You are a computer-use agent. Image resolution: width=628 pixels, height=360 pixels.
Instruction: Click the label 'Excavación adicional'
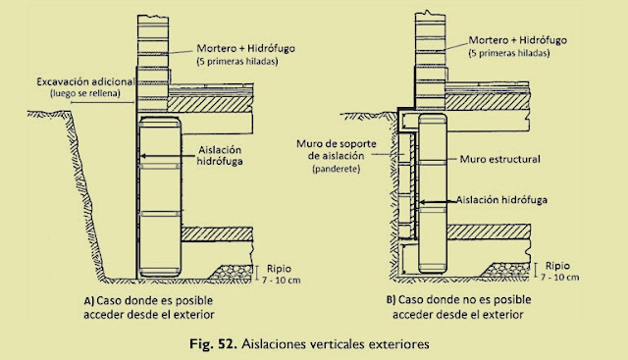85,82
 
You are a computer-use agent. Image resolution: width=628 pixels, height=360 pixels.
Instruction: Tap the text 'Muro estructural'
499,159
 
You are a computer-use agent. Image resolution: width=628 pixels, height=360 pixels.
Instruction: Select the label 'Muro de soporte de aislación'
337,150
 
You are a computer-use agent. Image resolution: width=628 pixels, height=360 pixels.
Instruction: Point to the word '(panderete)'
336,169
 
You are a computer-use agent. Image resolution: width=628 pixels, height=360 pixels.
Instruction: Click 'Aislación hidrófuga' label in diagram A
220,155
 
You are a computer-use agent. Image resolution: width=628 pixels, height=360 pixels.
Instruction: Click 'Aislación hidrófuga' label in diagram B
501,200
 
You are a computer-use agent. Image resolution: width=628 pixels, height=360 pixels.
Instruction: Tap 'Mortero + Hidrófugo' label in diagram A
246,48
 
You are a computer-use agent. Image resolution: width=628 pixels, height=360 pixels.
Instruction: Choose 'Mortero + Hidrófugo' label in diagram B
518,40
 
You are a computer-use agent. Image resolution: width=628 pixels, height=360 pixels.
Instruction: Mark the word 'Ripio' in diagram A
279,269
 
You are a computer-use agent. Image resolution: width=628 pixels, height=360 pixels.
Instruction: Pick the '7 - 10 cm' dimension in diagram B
560,277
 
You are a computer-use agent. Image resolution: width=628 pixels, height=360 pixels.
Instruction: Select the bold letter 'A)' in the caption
88,301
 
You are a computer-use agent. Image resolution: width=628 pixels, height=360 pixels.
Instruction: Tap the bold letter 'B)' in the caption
391,299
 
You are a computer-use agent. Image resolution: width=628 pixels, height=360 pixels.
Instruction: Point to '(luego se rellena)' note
85,94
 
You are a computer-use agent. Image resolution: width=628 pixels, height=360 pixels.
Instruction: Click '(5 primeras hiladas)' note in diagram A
237,62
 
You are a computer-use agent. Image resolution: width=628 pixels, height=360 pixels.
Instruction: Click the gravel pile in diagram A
235,272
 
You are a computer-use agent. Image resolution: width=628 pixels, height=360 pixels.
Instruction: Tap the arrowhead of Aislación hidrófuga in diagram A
141,156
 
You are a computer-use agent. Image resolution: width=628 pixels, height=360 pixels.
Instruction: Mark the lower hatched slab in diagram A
217,234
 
